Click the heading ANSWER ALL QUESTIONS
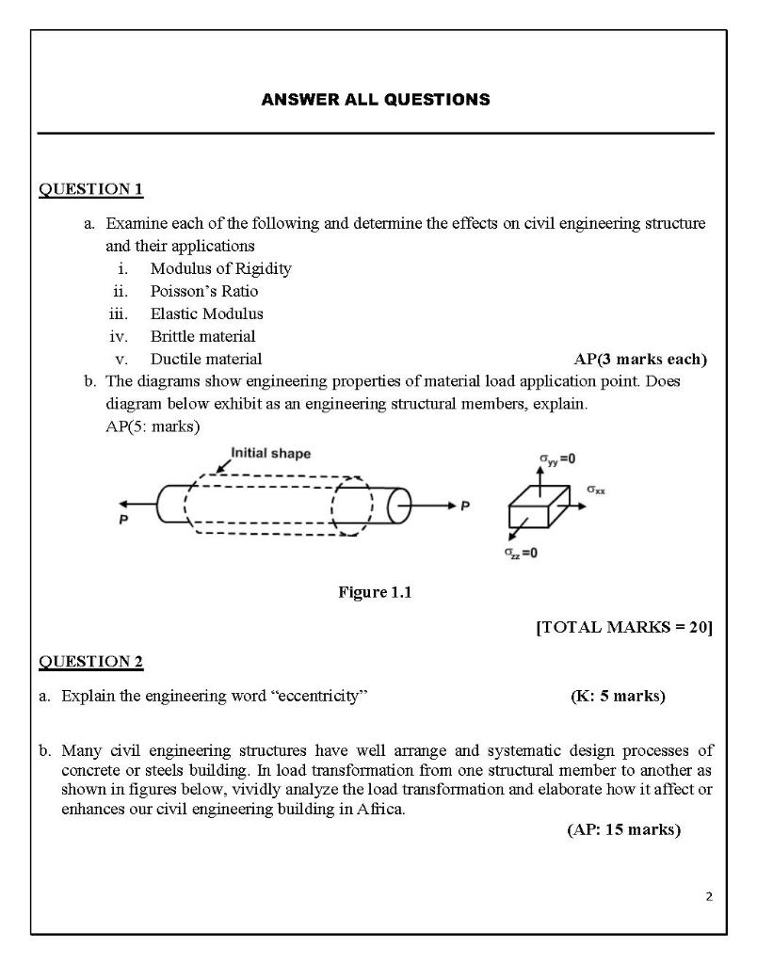[376, 99]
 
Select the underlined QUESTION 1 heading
[90, 190]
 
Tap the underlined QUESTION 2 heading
[90, 662]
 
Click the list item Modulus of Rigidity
[220, 268]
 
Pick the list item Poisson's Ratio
[203, 291]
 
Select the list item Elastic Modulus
[206, 313]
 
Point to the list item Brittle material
[202, 336]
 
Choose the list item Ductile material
[206, 359]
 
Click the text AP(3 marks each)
[639, 359]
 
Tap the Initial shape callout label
[270, 454]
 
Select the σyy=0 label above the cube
[557, 459]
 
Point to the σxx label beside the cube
[596, 490]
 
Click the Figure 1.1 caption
[375, 592]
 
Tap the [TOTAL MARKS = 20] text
[623, 628]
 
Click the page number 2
[709, 896]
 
